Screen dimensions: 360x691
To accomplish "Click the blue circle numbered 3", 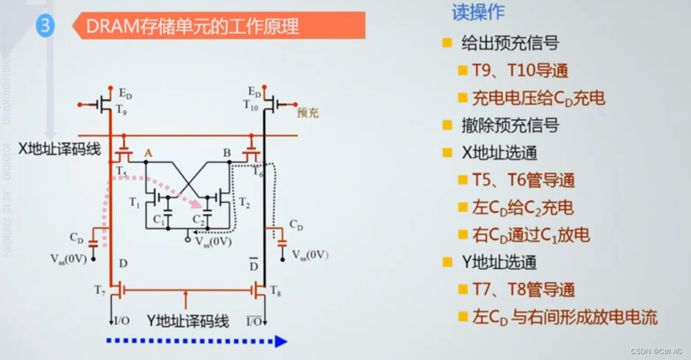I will pos(45,27).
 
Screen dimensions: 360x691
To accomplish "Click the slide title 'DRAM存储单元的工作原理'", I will pos(192,27).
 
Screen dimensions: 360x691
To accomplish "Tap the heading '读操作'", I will pos(478,12).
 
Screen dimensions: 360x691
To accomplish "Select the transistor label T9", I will pos(121,109).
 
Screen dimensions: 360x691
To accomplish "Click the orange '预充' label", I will pos(308,112).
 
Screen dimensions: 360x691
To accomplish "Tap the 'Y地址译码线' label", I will pos(188,321).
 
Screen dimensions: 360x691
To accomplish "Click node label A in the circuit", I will pos(148,153).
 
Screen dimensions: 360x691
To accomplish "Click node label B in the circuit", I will pos(227,153).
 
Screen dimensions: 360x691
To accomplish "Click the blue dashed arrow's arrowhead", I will pos(281,341).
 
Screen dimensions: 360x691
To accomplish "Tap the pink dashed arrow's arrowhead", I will pos(205,206).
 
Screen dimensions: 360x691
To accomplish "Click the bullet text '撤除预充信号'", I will pos(510,125).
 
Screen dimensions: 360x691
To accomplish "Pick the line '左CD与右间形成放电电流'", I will pos(565,317).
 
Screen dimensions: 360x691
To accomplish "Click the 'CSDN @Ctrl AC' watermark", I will pos(656,351).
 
